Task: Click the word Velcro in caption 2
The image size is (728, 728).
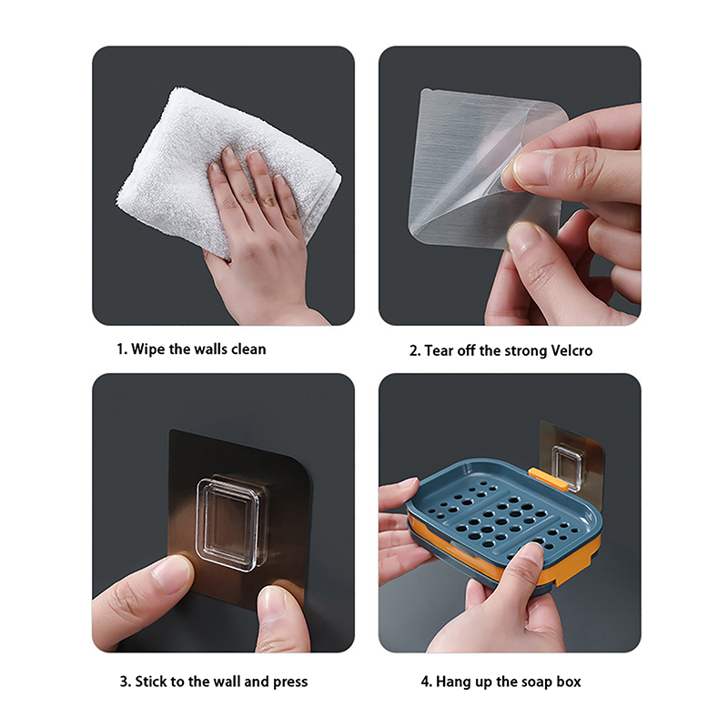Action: pos(571,350)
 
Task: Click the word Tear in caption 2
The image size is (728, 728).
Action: pos(439,350)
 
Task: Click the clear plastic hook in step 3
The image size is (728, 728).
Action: pos(227,524)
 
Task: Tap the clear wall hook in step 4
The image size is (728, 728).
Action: pos(566,466)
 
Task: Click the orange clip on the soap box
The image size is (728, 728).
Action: pos(548,480)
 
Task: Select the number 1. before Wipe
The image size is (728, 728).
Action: pos(122,349)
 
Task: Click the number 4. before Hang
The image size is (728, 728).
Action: pos(427,682)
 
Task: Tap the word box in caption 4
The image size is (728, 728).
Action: pos(569,682)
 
